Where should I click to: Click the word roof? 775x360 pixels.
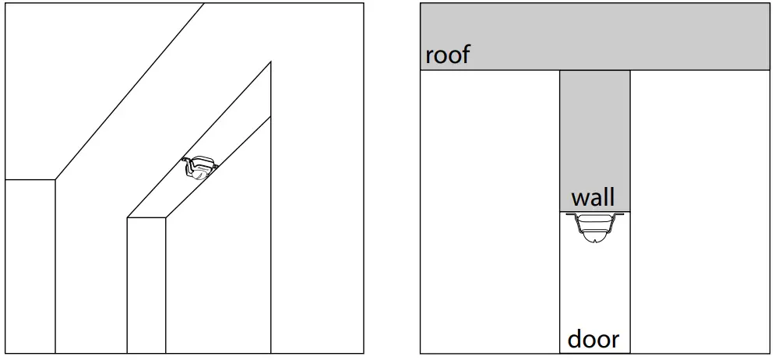pos(448,55)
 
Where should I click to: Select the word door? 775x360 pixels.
pos(594,339)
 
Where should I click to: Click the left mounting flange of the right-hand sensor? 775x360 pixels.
pos(569,214)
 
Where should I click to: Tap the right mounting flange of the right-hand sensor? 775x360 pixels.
pos(620,214)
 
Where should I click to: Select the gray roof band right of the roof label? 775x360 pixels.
pos(623,37)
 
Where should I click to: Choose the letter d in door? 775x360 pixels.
pos(575,339)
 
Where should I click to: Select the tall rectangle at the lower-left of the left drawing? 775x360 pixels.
pos(30,265)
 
